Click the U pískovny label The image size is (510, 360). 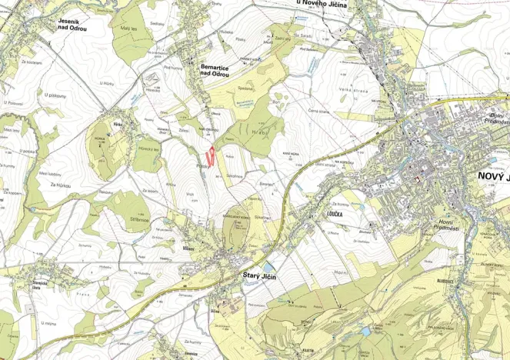56,95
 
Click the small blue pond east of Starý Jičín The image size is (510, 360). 266,267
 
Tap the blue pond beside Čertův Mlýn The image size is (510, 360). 366,330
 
